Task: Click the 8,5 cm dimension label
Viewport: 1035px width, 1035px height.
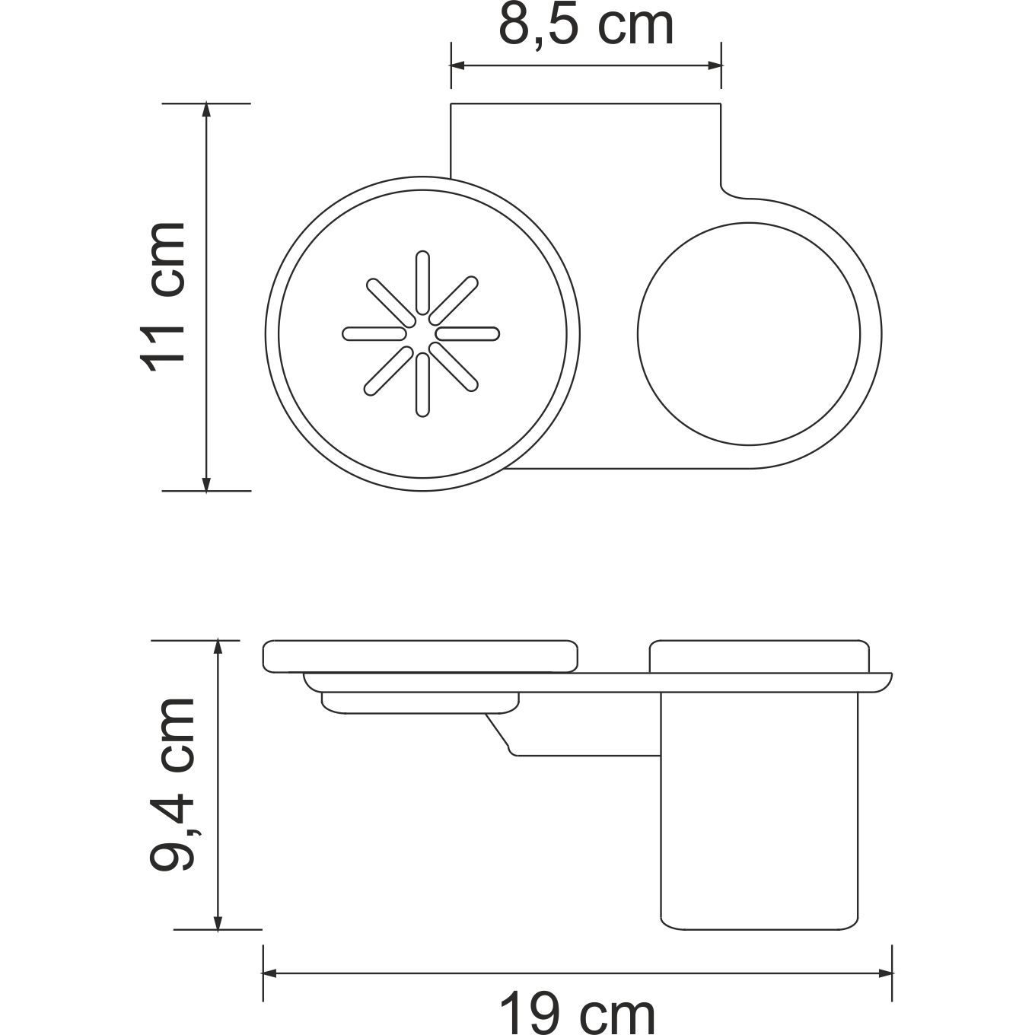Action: pyautogui.click(x=586, y=26)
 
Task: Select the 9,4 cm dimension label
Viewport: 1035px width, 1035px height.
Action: pyautogui.click(x=173, y=784)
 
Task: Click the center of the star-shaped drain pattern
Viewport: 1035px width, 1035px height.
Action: pyautogui.click(x=422, y=333)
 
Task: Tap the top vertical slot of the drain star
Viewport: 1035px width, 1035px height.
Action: pyautogui.click(x=422, y=282)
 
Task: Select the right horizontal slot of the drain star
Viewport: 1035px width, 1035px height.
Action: pyautogui.click(x=467, y=333)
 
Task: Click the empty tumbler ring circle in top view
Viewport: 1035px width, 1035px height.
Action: pyautogui.click(x=749, y=333)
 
